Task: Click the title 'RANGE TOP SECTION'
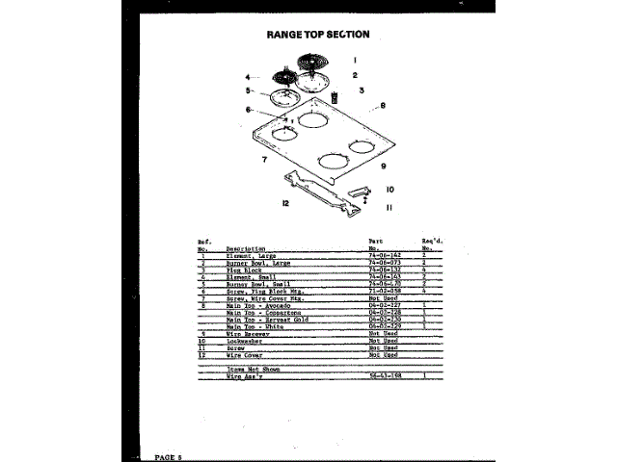317,34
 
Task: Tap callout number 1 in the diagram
354,60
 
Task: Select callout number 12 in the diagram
285,203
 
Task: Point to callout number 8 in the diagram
383,105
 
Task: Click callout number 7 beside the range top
263,159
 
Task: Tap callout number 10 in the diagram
390,190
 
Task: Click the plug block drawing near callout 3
336,98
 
